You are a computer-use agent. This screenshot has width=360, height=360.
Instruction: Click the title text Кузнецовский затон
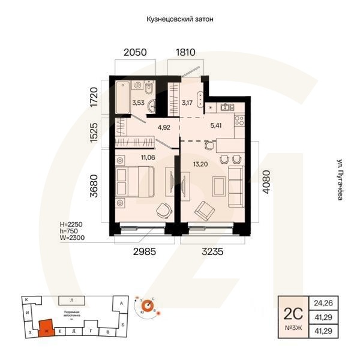180,19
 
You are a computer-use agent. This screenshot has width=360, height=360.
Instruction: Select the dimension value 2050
135,52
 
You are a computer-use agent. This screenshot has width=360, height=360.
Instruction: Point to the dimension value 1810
185,52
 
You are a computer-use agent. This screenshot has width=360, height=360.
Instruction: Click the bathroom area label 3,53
138,103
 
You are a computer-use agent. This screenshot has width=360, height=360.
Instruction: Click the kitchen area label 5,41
216,127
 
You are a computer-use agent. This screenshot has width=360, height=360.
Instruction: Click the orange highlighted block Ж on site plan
46,328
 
